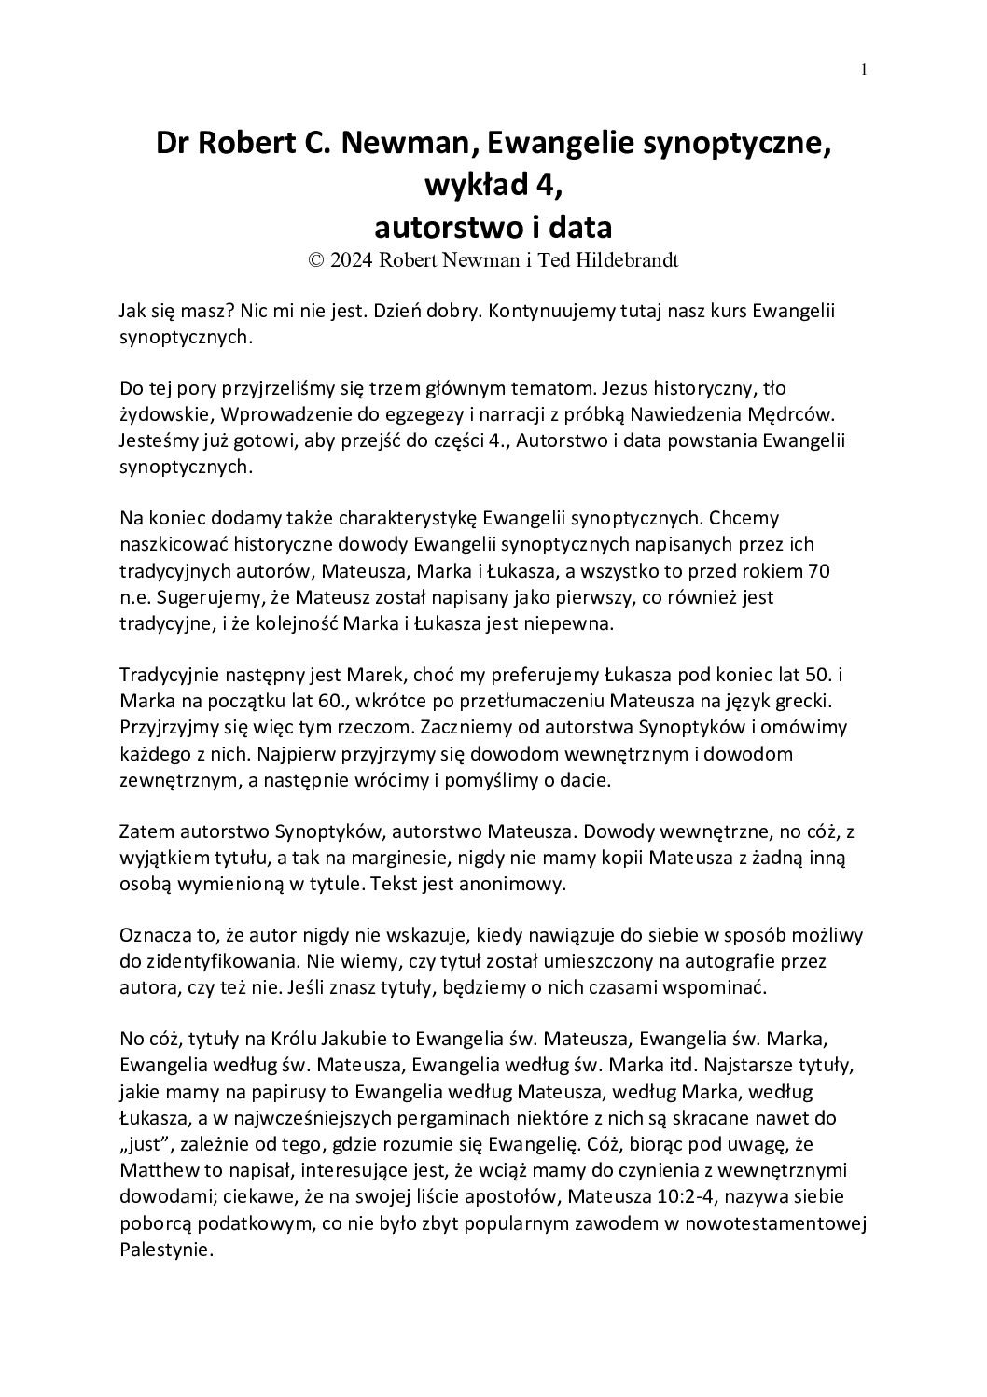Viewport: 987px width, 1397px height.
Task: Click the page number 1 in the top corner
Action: [864, 70]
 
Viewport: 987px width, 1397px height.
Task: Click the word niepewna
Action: [566, 624]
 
